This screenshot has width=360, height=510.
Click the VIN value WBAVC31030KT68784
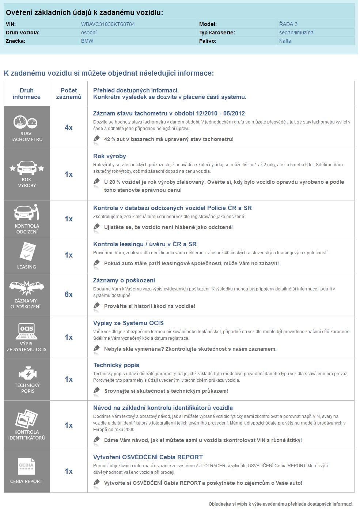click(108, 24)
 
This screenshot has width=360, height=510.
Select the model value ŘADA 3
click(288, 24)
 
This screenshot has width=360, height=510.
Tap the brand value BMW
click(87, 41)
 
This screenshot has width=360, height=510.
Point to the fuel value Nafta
click(285, 41)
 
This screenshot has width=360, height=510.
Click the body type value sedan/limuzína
click(296, 33)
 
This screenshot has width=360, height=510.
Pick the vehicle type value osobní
click(89, 33)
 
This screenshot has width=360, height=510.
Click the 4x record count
click(69, 127)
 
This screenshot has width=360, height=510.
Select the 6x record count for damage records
click(69, 294)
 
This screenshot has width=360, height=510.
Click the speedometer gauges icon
click(26, 122)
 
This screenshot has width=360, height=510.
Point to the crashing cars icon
click(26, 288)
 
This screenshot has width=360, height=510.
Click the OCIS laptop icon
click(26, 330)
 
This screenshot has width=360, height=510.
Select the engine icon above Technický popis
click(26, 373)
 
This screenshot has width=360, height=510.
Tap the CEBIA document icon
click(26, 467)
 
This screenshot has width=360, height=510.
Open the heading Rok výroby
click(110, 156)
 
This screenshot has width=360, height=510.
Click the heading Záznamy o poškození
click(124, 281)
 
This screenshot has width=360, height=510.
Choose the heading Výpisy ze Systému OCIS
click(128, 323)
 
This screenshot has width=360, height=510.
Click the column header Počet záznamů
click(69, 94)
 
